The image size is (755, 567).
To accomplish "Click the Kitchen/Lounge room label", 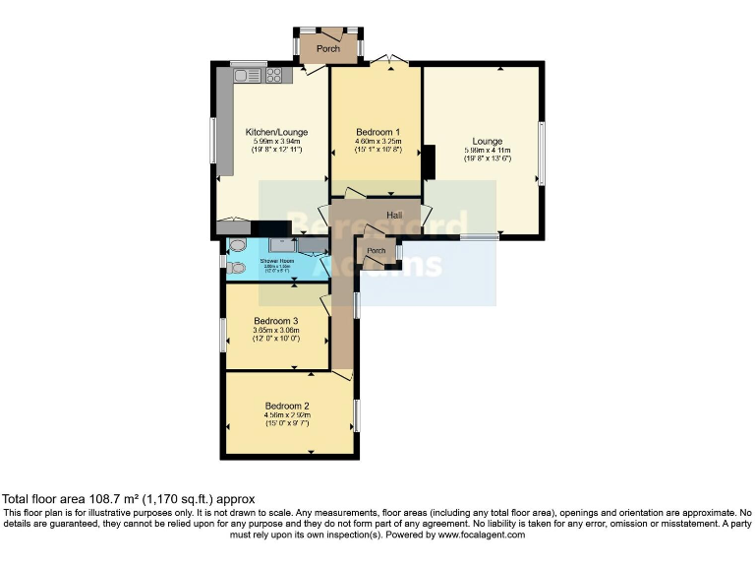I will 276,132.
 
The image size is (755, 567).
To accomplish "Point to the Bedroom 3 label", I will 275,321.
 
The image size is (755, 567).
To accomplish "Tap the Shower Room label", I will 274,260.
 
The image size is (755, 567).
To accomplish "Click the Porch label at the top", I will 328,48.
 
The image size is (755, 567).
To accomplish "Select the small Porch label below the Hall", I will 376,251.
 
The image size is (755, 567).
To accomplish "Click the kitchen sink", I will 247,75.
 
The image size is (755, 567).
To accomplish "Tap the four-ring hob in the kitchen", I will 273,75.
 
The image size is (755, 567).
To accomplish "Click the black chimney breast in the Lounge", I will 428,162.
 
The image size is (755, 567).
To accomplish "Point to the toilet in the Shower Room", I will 236,267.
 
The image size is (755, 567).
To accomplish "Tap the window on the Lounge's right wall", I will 540,154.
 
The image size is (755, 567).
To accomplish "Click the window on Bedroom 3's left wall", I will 223,336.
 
